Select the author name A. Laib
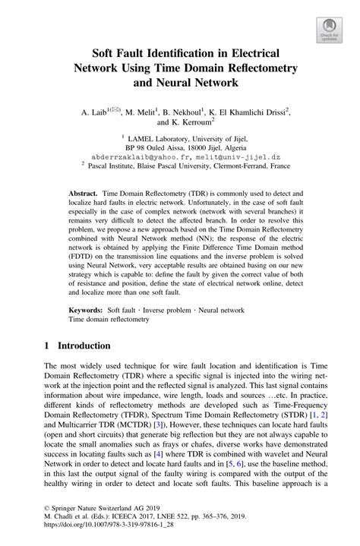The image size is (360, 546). [x=93, y=112]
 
